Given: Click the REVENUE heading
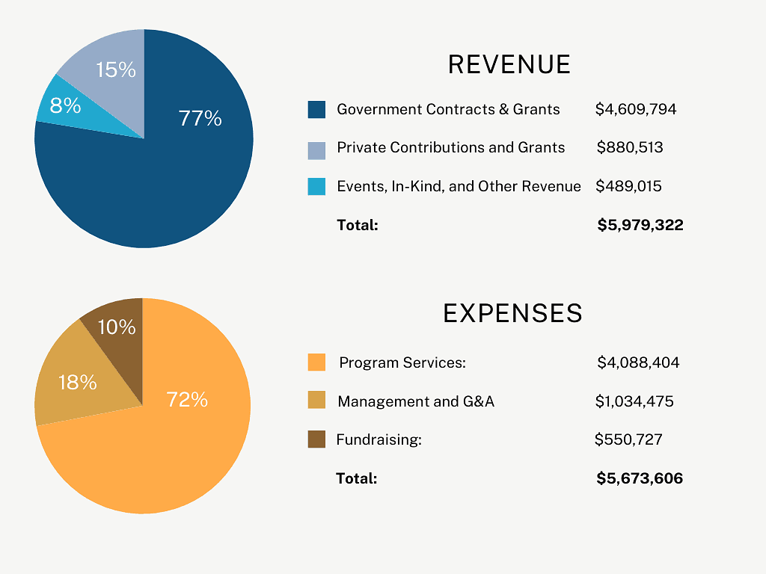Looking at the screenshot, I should point(509,65).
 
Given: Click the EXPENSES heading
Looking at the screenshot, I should point(512,313).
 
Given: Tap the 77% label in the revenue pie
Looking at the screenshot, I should point(200,118).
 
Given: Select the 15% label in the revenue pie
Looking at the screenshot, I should point(116,70).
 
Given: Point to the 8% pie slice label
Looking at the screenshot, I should point(65,106).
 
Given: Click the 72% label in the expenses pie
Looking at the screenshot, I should point(187,400).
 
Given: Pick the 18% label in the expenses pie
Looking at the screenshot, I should point(78,383).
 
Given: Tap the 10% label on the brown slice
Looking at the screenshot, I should point(117,327).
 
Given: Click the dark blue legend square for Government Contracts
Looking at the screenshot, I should point(316,110).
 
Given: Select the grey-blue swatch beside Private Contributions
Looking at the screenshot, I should point(316,149).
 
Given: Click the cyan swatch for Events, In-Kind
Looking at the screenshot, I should point(316,187).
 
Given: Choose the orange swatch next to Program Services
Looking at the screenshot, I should point(316,362).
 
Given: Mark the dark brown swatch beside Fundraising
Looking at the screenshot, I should point(316,439).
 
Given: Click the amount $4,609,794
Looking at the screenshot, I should point(636,110).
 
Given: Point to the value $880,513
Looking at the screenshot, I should point(630,148).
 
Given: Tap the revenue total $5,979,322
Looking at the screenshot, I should point(640,225).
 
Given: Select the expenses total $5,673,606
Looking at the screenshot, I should point(640,478).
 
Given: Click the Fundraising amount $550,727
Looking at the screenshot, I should point(628,440).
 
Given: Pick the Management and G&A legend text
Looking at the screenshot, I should point(416,402).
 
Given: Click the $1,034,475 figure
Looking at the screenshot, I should point(634,402).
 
